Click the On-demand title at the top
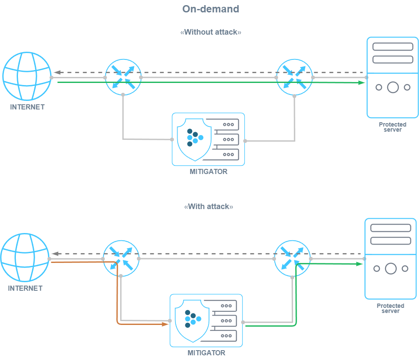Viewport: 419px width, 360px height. pos(210,9)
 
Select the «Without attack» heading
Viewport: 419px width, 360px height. pos(211,32)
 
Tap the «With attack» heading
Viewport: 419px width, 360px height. pos(208,207)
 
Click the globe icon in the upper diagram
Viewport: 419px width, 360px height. pos(27,77)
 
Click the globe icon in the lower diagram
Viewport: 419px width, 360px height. pos(25,258)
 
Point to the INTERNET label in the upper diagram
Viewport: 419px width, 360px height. pos(27,107)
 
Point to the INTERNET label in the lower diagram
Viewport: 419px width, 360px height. pos(25,288)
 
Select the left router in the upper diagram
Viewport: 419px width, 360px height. pos(123,77)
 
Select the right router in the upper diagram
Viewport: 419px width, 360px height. pos(294,77)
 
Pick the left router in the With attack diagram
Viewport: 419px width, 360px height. pos(122,258)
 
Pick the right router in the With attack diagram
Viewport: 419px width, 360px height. pos(292,258)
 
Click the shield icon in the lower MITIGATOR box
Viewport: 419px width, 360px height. pos(193,320)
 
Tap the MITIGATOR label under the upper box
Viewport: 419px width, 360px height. pos(208,172)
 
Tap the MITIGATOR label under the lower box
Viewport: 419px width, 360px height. pos(206,353)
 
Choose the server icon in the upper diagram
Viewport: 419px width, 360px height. pos(392,77)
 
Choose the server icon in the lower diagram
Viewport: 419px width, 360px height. pos(390,258)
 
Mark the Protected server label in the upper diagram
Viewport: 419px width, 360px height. pos(392,127)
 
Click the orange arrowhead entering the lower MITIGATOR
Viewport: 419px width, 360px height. pos(165,324)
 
